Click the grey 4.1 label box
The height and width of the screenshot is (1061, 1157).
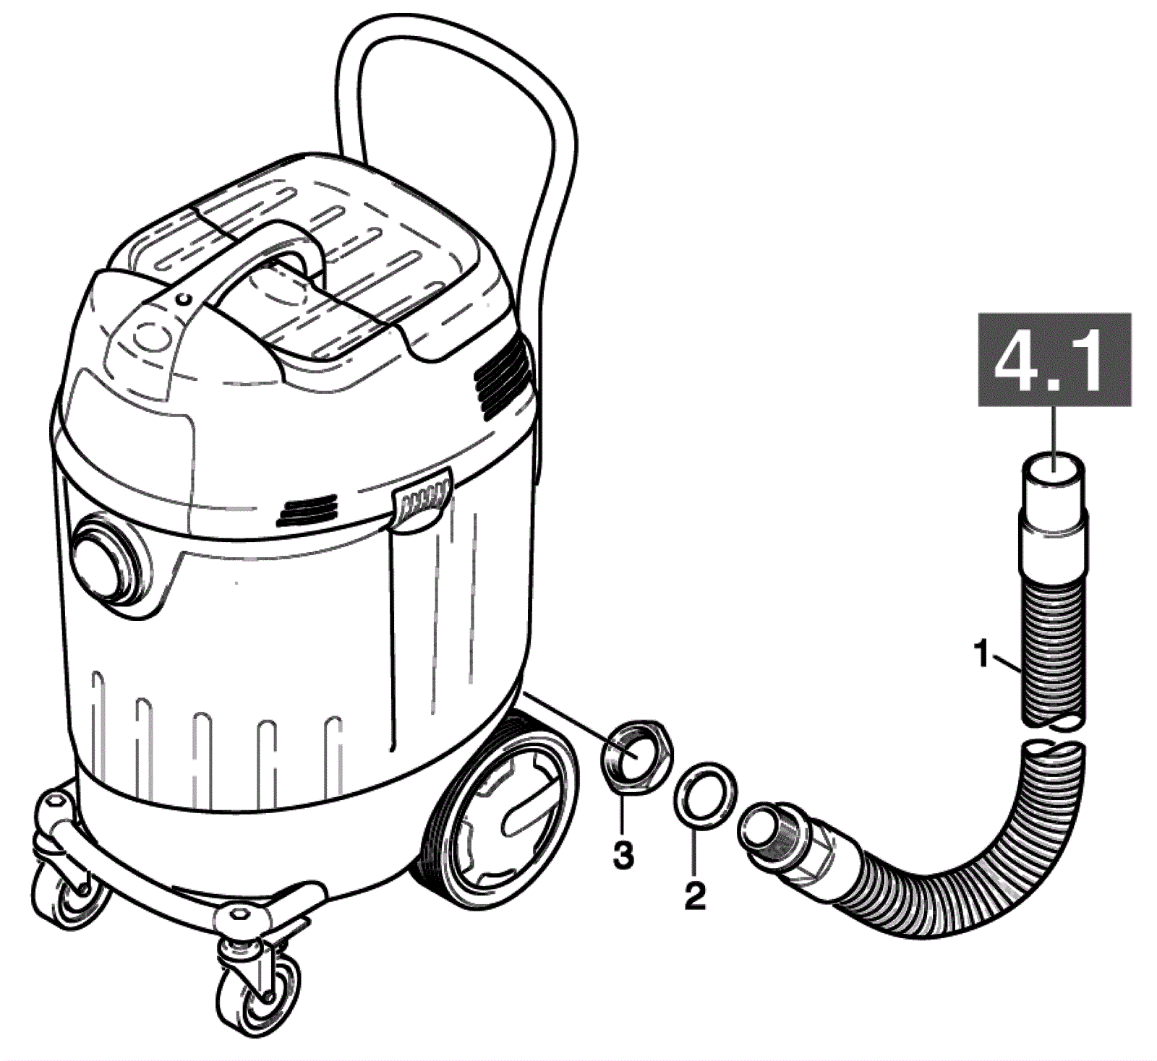(1054, 360)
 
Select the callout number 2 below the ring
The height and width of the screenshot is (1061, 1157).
(694, 896)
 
